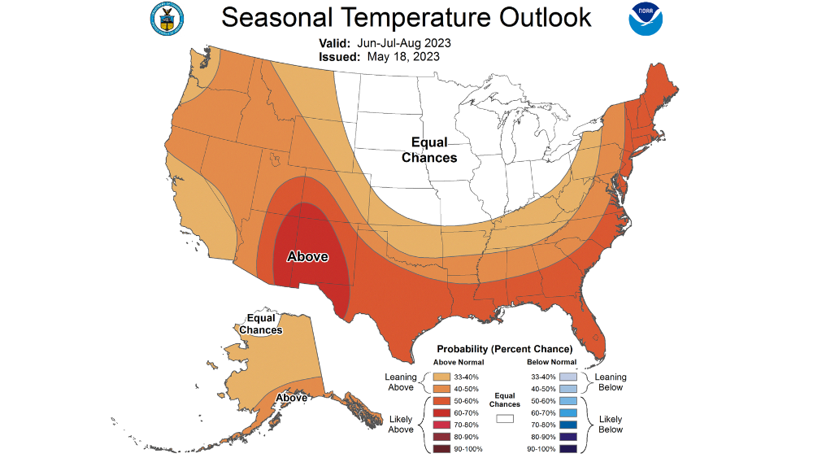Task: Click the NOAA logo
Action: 645,19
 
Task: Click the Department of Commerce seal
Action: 167,19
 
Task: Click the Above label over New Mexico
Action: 307,257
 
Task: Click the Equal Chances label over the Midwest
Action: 429,150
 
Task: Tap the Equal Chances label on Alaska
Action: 260,325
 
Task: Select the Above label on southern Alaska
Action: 291,397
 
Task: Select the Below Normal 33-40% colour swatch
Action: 568,377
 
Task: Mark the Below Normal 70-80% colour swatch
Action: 568,425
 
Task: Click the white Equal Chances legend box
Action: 505,419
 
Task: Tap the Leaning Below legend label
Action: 610,382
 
